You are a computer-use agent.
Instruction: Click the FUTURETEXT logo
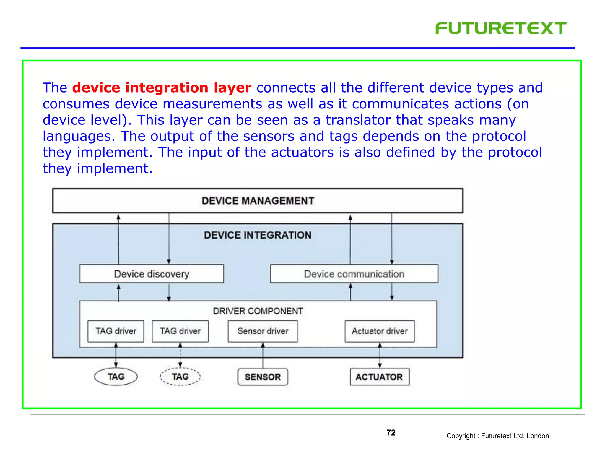point(500,28)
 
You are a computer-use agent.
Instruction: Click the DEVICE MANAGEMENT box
point(258,201)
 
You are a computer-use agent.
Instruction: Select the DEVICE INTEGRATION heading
point(258,235)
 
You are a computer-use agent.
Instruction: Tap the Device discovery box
point(152,274)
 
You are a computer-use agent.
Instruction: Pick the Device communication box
point(354,274)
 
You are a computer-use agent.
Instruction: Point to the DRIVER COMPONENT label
point(258,311)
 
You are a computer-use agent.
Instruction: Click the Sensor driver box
point(263,331)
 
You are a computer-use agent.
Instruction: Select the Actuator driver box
point(380,331)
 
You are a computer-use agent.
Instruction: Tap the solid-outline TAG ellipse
point(116,377)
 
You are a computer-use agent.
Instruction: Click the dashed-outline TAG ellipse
point(180,377)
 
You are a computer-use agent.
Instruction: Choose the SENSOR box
point(263,377)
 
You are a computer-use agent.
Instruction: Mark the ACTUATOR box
point(380,377)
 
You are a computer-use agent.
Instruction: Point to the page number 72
point(391,433)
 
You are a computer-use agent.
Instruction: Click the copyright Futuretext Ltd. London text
point(497,436)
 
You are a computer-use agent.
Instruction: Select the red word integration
point(167,88)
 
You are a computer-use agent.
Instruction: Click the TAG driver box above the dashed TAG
point(180,331)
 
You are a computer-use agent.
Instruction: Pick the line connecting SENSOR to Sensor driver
point(263,356)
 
